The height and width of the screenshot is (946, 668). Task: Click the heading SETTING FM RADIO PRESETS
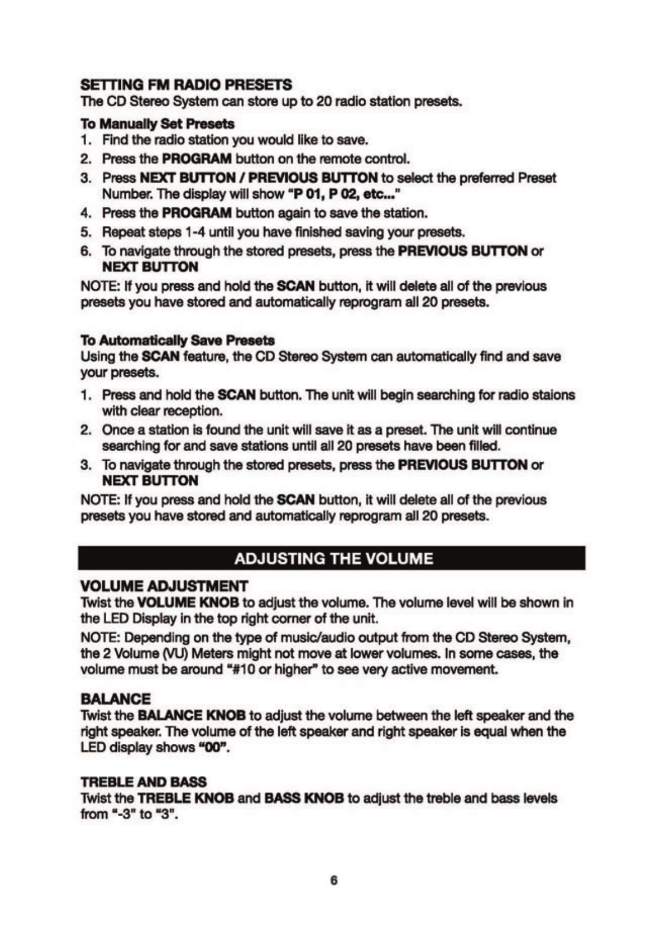click(186, 85)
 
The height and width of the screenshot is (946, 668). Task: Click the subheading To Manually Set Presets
click(157, 124)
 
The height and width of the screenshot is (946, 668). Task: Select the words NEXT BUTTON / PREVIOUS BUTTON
click(258, 178)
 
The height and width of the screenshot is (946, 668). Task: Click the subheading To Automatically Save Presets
click(178, 340)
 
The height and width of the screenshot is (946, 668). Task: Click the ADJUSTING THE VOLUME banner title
click(333, 558)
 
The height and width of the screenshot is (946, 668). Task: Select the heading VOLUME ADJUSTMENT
click(164, 586)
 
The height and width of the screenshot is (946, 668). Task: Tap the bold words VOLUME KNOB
click(188, 603)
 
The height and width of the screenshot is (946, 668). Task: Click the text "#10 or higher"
click(277, 670)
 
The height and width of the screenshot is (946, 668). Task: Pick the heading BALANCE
click(116, 699)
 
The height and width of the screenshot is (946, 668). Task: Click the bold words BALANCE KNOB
click(191, 716)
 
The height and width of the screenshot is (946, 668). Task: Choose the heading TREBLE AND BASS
click(143, 782)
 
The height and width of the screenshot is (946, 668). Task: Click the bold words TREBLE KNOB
click(185, 798)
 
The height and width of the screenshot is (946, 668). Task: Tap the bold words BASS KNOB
click(303, 798)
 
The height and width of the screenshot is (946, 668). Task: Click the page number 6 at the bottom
click(334, 881)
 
